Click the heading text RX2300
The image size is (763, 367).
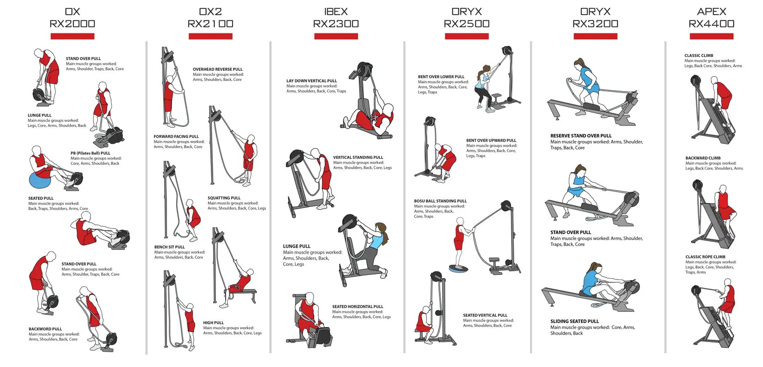coord(336,24)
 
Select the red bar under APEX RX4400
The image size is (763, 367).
coord(712,36)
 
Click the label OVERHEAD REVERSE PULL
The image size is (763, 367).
coord(218,69)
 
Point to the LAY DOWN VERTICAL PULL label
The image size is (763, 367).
coord(312,81)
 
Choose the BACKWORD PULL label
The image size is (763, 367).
coord(45,329)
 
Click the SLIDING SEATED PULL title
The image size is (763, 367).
coord(575,321)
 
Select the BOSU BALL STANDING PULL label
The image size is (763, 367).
coord(440,201)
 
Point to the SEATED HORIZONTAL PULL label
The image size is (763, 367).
coord(357,306)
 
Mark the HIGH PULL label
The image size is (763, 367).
coord(214,323)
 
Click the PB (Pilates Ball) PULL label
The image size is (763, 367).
coord(91,153)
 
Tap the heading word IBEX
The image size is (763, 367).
coord(336,12)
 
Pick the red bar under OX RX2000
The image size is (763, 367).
coord(73,36)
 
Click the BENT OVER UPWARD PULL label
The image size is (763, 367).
coord(491,140)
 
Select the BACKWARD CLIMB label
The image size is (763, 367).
coord(703,158)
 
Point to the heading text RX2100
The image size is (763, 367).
coord(210,24)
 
